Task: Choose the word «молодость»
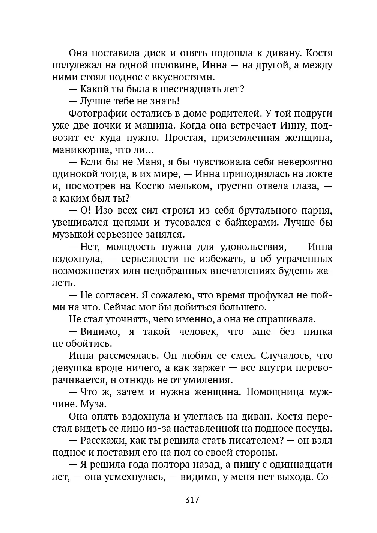pyautogui.click(x=127, y=247)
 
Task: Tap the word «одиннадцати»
pyautogui.click(x=299, y=465)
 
